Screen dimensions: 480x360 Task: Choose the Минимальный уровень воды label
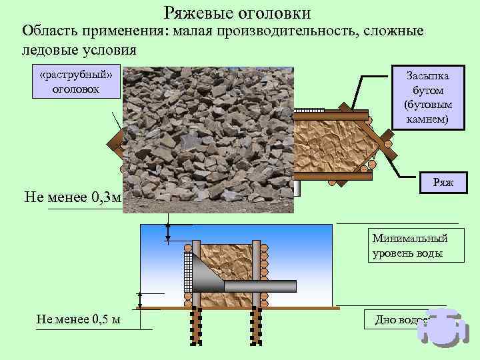click(411, 246)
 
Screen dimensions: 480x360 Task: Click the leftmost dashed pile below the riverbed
click(197, 329)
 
